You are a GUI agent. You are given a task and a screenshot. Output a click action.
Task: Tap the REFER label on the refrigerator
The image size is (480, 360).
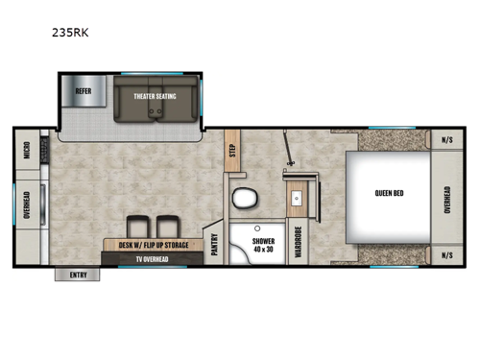84,93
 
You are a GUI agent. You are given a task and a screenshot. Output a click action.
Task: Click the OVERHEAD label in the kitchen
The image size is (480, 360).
27,204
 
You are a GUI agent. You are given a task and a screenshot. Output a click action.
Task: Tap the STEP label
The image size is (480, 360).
231,152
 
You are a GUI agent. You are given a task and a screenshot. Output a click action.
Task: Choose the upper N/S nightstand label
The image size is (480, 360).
447,139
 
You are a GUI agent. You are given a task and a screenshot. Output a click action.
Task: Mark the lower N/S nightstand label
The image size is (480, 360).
447,255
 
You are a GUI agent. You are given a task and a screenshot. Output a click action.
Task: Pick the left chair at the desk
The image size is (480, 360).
135,227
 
